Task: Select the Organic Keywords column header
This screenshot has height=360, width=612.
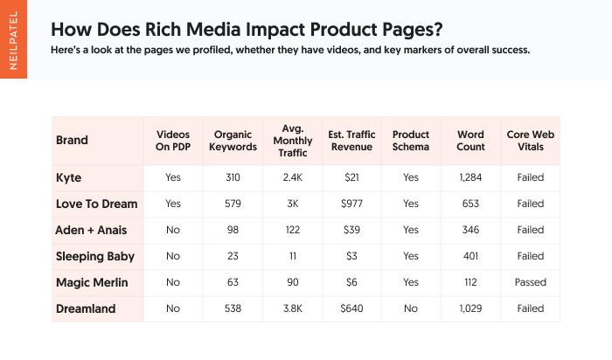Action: click(233, 141)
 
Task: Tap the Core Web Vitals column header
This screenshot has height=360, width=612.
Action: click(530, 141)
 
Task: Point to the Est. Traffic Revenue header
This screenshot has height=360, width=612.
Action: click(351, 141)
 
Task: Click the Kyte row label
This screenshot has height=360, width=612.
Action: click(68, 177)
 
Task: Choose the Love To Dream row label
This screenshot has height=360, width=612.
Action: click(96, 204)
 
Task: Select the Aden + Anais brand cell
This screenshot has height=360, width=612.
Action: click(91, 230)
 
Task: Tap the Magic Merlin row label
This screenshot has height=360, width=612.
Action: click(91, 282)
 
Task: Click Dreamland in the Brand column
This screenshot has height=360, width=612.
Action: click(86, 308)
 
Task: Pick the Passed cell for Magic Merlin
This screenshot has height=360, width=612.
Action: click(530, 282)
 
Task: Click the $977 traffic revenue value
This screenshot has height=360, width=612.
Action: click(351, 204)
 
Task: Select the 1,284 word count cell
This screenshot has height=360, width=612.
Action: click(470, 177)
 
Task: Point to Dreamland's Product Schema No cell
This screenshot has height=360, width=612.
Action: click(411, 308)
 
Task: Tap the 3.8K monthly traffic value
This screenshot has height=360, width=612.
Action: click(292, 308)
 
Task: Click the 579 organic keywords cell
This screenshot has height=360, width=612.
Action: click(233, 204)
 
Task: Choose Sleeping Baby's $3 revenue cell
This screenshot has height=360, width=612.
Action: click(351, 256)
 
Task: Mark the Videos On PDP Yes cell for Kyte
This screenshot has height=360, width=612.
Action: click(173, 177)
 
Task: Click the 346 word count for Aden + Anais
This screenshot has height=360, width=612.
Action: click(470, 230)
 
